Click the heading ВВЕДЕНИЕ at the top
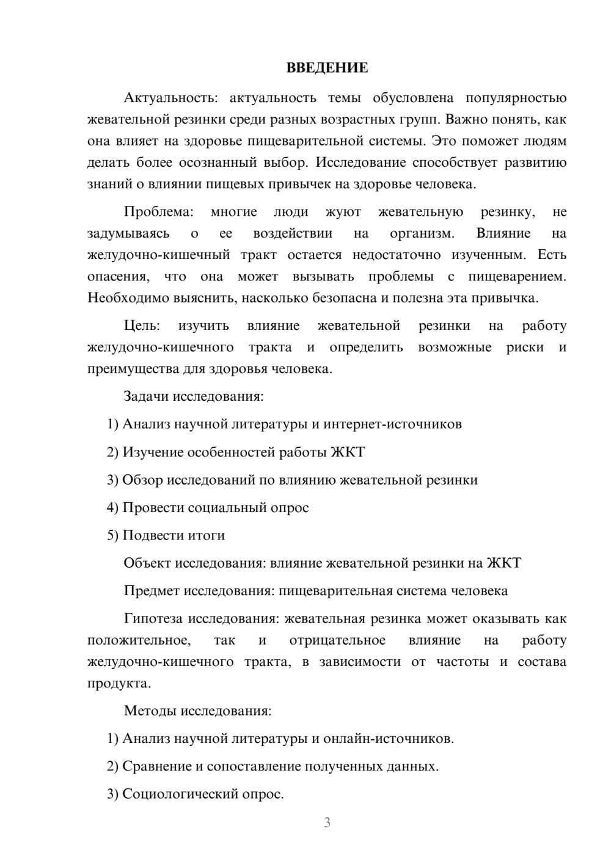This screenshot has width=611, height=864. coord(327,68)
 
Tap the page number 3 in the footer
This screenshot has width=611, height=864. coord(327,822)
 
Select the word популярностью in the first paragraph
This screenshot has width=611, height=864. coord(516,98)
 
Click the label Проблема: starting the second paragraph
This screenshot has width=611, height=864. coord(158,212)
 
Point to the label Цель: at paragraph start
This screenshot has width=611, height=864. coord(142,326)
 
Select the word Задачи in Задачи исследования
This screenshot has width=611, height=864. coord(146,397)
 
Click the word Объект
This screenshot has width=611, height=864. coord(147,563)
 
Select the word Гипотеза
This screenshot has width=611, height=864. coord(153,618)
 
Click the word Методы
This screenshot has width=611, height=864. coord(147,711)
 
